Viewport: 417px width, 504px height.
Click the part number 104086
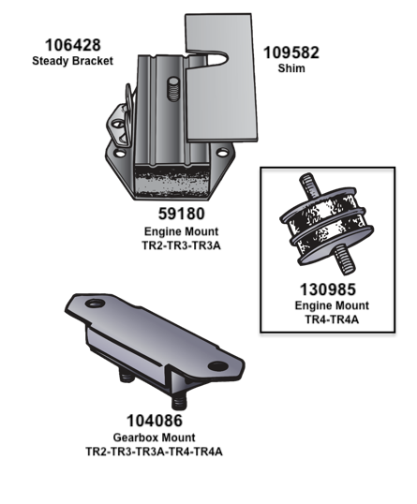coord(155,422)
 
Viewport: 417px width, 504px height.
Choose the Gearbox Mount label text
coord(155,437)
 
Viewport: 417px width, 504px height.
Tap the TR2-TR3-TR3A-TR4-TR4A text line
coord(155,451)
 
